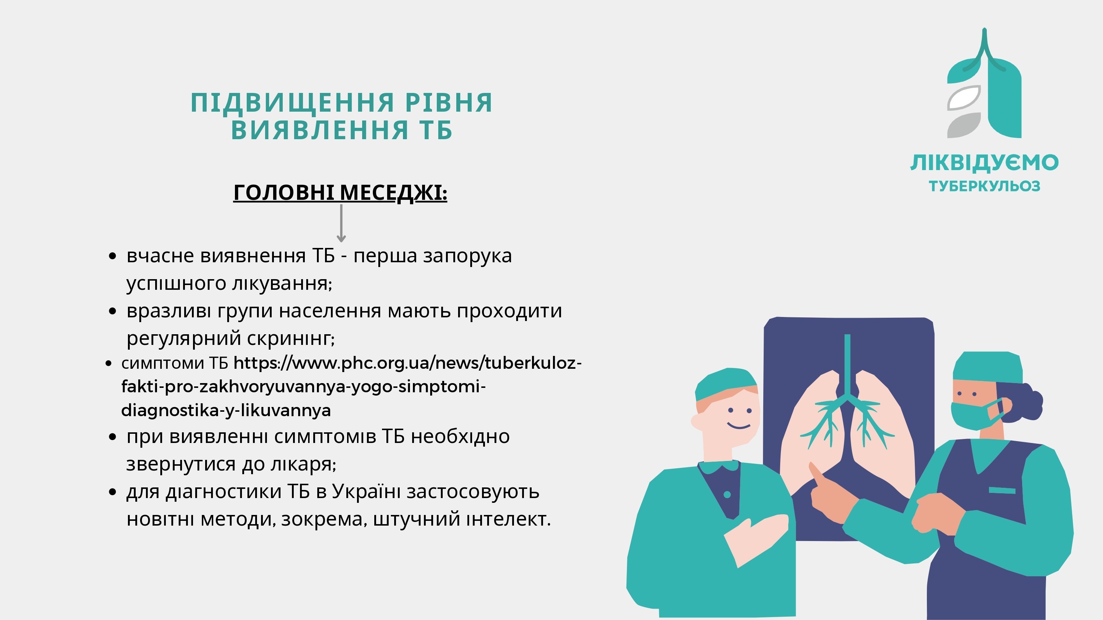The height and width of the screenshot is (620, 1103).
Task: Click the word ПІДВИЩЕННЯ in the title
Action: pyautogui.click(x=292, y=103)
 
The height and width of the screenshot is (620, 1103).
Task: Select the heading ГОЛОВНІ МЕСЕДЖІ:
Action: pyautogui.click(x=340, y=192)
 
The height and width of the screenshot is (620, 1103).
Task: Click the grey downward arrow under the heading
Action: pyautogui.click(x=341, y=223)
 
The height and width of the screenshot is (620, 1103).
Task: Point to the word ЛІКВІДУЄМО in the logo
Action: pyautogui.click(x=984, y=163)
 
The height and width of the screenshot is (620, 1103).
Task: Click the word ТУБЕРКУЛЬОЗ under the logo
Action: pyautogui.click(x=984, y=186)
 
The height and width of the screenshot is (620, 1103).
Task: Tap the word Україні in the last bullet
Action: pyautogui.click(x=366, y=491)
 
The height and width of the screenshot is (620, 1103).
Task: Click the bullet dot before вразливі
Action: pyautogui.click(x=113, y=311)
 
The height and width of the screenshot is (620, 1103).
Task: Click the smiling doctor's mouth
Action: pyautogui.click(x=739, y=426)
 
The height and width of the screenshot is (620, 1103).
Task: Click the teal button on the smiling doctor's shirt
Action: pyautogui.click(x=727, y=495)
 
